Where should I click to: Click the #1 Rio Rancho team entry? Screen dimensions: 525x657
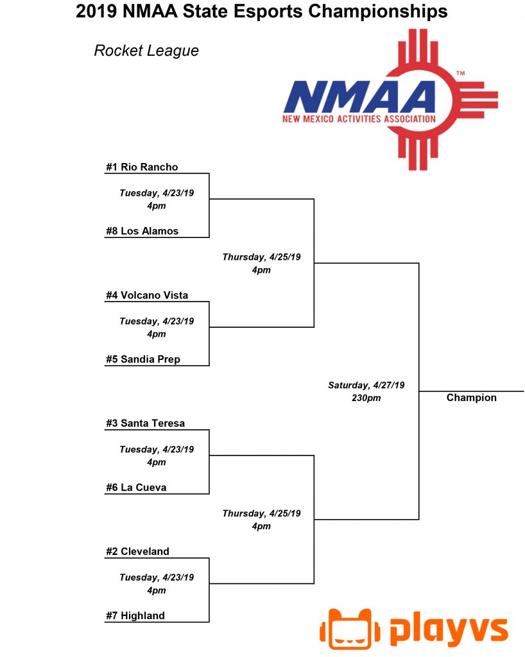click(x=142, y=167)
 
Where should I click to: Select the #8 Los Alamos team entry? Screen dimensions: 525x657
click(x=142, y=231)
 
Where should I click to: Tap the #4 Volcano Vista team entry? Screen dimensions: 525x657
click(x=147, y=295)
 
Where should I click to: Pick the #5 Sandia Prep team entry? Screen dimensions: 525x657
click(x=143, y=359)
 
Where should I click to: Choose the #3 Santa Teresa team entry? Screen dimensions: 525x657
click(x=146, y=423)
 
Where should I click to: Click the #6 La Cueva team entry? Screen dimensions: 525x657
click(x=136, y=488)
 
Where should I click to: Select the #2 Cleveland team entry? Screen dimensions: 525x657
click(x=137, y=551)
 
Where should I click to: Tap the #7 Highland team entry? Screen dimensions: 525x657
click(x=135, y=615)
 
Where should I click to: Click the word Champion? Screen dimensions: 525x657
click(x=471, y=398)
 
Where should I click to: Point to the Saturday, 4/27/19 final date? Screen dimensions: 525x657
click(x=366, y=385)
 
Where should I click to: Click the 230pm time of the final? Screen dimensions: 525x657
click(x=366, y=398)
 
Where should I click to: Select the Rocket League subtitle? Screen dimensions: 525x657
click(x=146, y=51)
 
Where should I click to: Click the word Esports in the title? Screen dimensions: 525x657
click(x=268, y=12)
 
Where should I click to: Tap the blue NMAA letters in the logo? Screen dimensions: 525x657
click(x=359, y=98)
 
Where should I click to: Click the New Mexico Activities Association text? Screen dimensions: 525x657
click(x=359, y=119)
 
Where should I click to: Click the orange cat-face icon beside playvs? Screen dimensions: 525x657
click(x=350, y=629)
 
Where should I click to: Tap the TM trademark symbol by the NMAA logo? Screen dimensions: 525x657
click(x=460, y=73)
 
